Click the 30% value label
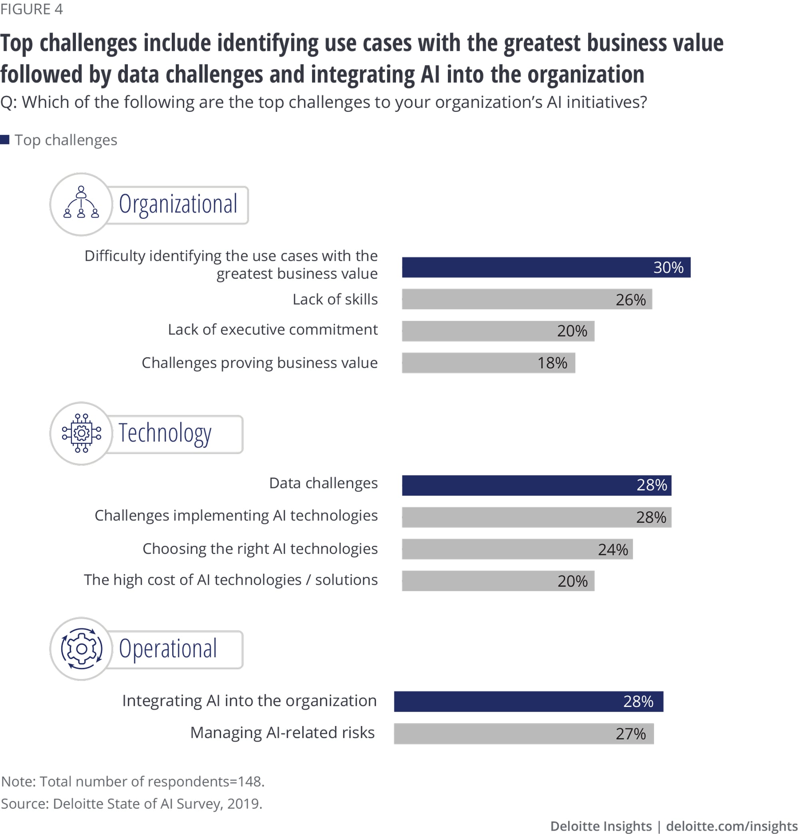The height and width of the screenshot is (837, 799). coord(668,268)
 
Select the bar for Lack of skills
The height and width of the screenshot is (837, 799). coord(527,299)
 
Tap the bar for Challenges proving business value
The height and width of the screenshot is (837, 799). coord(488,363)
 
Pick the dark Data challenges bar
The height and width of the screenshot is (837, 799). coord(536,485)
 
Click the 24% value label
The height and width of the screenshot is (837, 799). coord(612,549)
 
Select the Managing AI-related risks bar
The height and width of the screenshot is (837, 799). coord(523,734)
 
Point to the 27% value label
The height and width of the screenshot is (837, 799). coord(630,734)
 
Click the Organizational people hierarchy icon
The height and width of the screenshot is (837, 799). coord(81,202)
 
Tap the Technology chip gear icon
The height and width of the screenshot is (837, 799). coord(81,433)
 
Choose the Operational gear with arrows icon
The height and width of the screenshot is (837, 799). coord(81,649)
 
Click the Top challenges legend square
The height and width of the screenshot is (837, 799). coord(5,140)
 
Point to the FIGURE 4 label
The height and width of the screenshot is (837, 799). coord(32,9)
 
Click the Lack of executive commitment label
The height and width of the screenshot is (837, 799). coord(272,329)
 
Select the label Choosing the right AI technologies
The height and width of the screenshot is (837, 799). coord(260,549)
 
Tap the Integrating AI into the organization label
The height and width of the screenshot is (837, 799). coord(249,701)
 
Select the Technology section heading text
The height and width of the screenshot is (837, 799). coord(165,433)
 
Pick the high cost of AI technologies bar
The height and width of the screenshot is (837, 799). coord(498,581)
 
